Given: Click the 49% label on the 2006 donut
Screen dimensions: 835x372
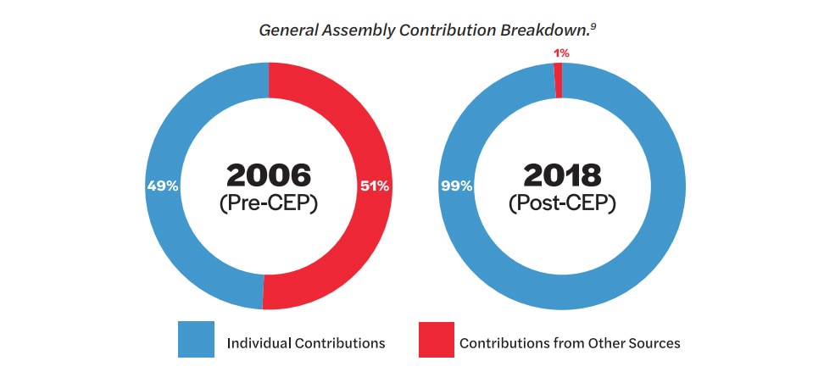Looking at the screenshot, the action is [163, 186].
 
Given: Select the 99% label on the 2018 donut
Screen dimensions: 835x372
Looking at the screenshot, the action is [456, 186].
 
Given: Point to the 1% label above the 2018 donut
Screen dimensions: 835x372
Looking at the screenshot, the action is [561, 53].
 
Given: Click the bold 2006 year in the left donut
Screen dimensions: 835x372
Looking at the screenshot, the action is [269, 175].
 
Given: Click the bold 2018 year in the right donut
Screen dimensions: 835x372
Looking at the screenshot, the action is [562, 175].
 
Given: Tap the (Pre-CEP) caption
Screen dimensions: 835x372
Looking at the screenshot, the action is [269, 204].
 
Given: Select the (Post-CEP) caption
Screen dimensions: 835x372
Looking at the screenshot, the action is [562, 204].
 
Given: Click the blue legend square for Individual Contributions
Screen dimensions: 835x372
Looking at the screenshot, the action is [196, 339].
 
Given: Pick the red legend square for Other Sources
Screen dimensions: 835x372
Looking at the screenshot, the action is [436, 340].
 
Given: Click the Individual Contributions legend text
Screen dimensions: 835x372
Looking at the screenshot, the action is [306, 342].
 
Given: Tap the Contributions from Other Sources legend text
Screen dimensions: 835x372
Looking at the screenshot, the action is [570, 342].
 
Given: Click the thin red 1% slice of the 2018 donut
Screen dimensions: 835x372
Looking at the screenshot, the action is [558, 81].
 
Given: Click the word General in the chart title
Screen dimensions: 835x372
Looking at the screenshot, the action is [288, 30].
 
